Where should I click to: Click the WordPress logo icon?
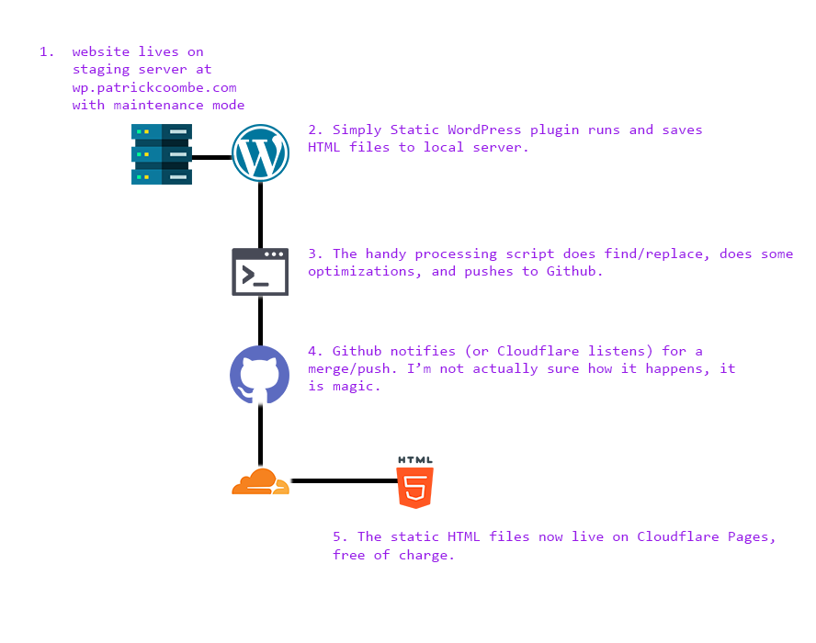(x=261, y=153)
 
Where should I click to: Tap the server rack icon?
(x=162, y=154)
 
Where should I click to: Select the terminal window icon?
(x=260, y=272)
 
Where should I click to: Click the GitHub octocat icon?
(x=260, y=375)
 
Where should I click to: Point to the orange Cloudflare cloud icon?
(x=260, y=481)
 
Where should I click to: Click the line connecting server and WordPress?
(x=211, y=157)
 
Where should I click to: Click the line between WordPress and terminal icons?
(x=261, y=214)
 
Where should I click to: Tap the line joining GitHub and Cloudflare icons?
(x=261, y=435)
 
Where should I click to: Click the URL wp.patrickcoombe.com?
(x=154, y=87)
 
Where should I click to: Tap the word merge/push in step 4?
(x=349, y=368)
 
